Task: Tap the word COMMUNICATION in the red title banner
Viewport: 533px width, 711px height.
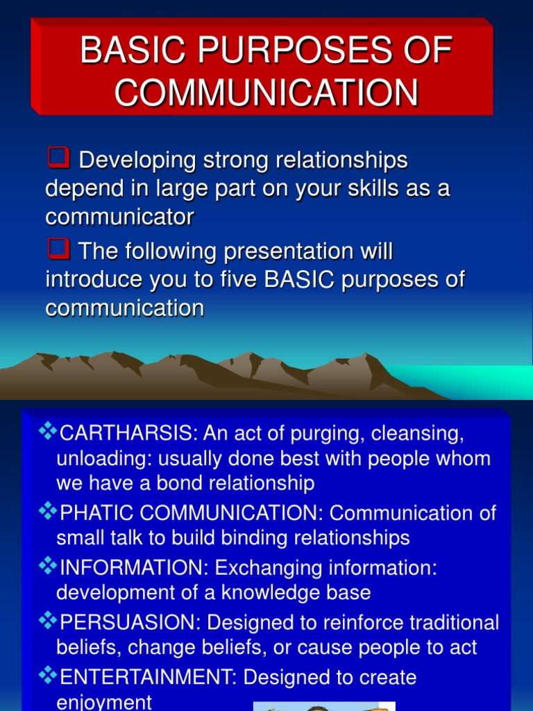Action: point(266,92)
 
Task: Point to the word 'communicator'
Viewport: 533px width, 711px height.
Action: point(119,217)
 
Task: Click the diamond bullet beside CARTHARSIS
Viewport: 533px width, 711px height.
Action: point(49,433)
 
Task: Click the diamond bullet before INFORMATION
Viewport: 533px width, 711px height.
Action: point(49,567)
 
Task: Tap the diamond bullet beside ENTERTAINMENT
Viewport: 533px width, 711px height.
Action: point(49,676)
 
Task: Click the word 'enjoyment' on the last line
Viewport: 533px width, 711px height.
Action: point(104,701)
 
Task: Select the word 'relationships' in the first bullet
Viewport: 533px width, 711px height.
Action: point(341,160)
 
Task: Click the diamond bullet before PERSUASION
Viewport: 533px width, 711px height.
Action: point(49,621)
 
